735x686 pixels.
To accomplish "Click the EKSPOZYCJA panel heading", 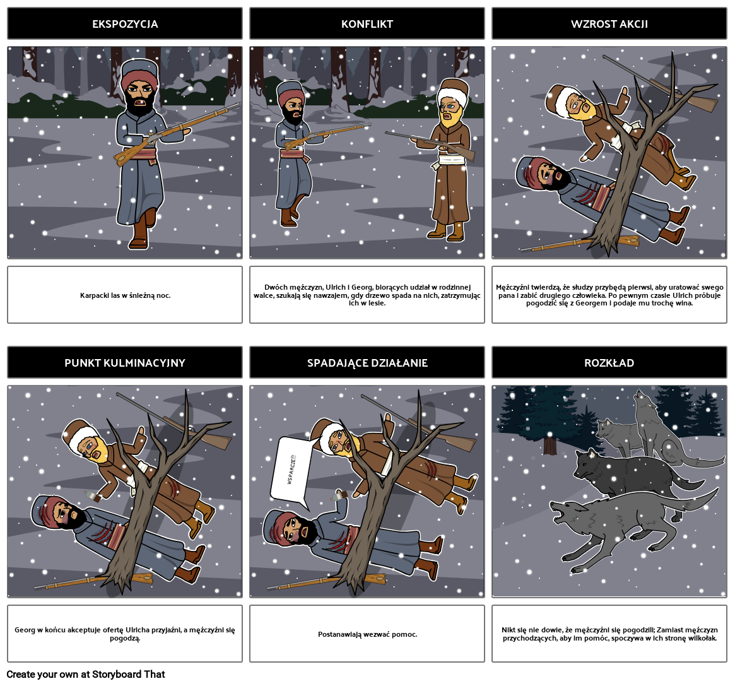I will click(x=124, y=24).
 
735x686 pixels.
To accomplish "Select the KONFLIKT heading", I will click(x=367, y=24).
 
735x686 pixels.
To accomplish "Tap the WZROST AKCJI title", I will click(x=609, y=24).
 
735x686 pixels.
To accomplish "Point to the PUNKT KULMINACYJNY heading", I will click(x=124, y=363).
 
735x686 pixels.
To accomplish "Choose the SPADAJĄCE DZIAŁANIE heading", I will click(x=367, y=363).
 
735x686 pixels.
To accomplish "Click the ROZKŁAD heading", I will click(x=609, y=363).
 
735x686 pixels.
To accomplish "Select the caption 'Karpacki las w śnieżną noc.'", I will click(x=124, y=295).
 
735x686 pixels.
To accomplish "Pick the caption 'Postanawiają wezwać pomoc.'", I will click(x=367, y=634).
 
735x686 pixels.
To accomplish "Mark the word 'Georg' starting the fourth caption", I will click(x=25, y=630).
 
